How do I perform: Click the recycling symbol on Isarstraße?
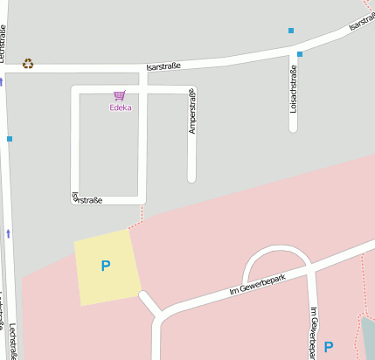coord(28,63)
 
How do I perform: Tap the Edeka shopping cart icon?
coord(120,95)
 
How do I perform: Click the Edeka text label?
coord(120,108)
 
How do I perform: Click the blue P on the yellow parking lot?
coord(106,266)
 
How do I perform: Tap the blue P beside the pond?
coord(329,347)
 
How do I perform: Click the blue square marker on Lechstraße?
coord(10,138)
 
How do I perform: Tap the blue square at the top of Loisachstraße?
coord(299,54)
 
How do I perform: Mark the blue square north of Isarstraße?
coord(291,31)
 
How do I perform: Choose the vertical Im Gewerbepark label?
coord(312,332)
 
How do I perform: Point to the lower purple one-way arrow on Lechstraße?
coord(9,233)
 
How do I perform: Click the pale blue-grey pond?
coord(367,336)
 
